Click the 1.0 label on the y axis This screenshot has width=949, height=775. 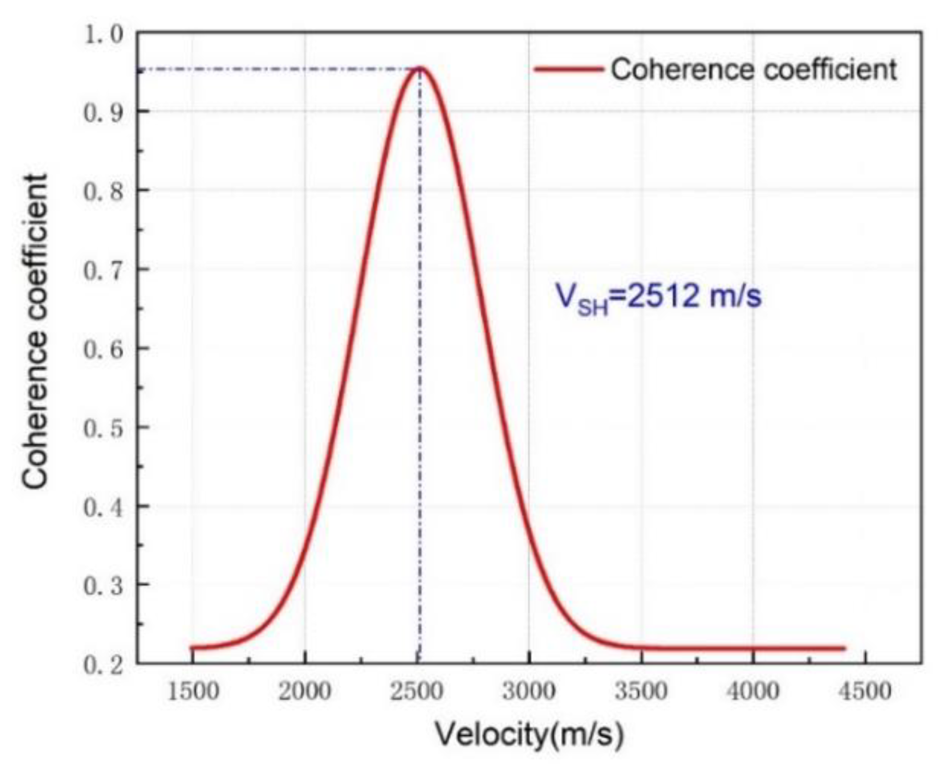[103, 35]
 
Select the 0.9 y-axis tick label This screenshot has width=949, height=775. [103, 113]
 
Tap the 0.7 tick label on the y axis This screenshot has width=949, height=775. [103, 271]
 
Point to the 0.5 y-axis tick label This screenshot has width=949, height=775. [103, 429]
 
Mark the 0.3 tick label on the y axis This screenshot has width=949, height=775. [103, 587]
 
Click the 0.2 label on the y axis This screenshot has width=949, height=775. [103, 665]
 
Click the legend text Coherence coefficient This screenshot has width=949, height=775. [753, 69]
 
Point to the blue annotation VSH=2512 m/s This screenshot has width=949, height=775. [658, 297]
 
